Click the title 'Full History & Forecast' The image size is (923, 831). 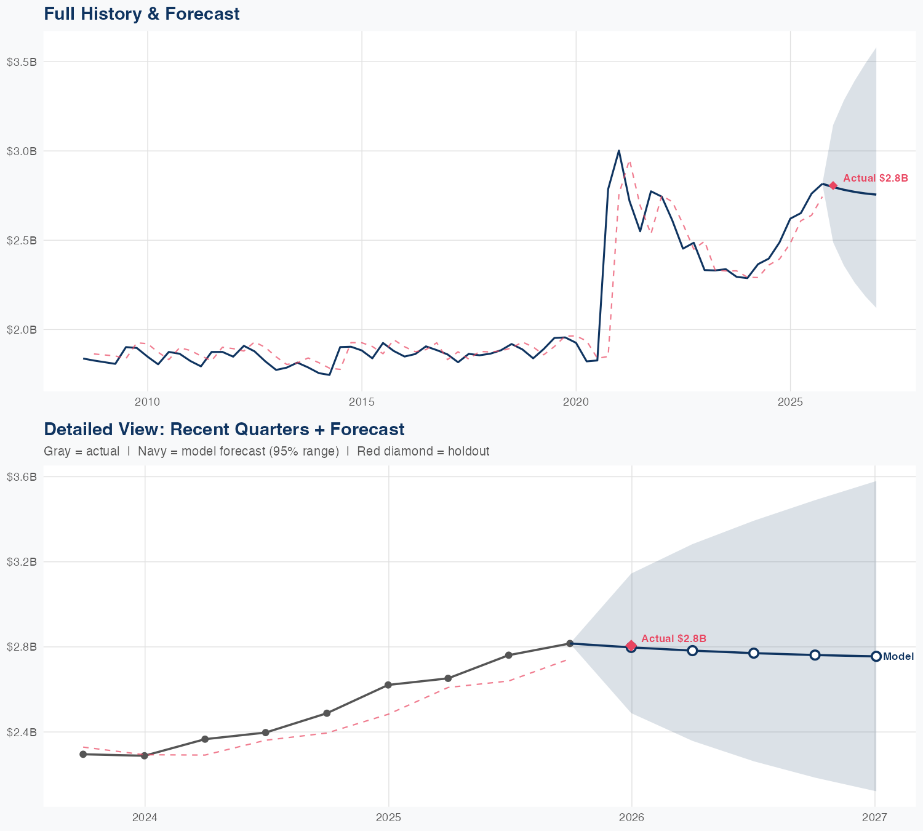click(142, 14)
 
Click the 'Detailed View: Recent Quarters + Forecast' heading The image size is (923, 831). click(224, 429)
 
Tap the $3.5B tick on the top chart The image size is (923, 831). click(22, 62)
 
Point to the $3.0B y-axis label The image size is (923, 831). click(22, 151)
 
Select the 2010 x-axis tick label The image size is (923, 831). click(147, 402)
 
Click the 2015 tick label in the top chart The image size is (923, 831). click(361, 402)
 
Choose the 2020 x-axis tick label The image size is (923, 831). click(576, 402)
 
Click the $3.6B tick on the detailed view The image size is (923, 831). click(22, 476)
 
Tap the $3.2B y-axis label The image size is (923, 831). click(22, 561)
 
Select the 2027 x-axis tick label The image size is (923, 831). click(874, 817)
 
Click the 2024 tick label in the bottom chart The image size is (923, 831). click(145, 817)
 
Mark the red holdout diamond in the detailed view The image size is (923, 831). click(631, 645)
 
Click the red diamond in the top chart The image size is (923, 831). click(833, 185)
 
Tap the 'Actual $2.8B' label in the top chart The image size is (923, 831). click(875, 178)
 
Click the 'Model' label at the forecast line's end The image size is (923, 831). click(898, 657)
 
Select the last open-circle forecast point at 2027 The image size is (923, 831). click(876, 656)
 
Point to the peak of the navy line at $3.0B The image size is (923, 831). click(618, 150)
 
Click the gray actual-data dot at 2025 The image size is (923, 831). click(388, 684)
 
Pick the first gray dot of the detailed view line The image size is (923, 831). click(83, 754)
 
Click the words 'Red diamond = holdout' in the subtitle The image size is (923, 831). click(423, 451)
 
